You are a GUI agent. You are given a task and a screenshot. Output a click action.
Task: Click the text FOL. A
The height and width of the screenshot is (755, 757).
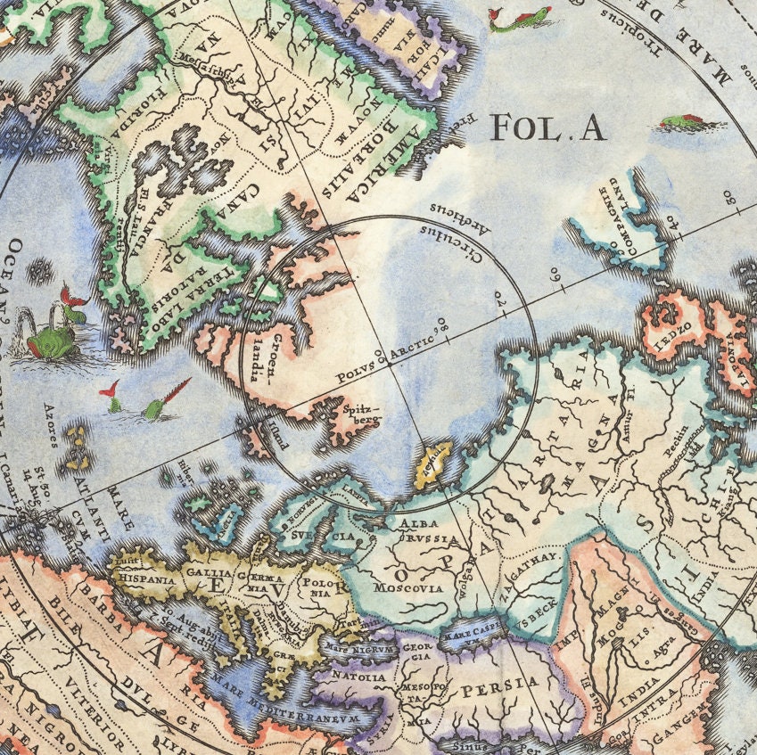click(x=548, y=128)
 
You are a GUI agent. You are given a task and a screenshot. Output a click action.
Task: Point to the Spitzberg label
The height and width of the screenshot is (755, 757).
click(x=358, y=419)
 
